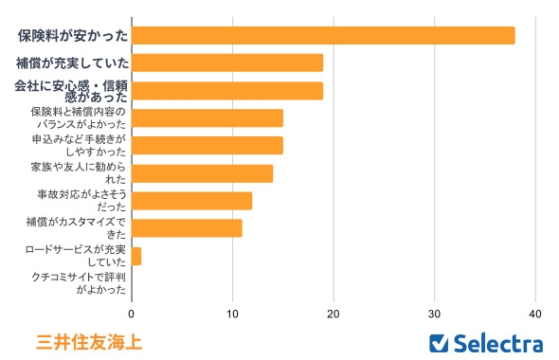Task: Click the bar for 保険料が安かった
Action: [323, 35]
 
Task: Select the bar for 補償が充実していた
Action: [227, 63]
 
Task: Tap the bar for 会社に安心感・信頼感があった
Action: [227, 90]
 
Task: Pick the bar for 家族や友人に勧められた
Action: [202, 173]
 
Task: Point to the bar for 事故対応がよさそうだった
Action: [191, 201]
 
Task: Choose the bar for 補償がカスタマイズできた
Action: [187, 228]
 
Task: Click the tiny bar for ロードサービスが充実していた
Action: [136, 256]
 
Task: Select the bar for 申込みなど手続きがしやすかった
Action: [207, 146]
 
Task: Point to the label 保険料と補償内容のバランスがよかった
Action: [78, 118]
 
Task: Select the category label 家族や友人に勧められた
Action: [78, 173]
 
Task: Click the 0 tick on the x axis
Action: [132, 312]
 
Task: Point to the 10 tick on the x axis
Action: [233, 312]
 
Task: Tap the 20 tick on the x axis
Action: [334, 312]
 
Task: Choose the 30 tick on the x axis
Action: [435, 312]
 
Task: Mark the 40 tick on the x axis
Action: [535, 312]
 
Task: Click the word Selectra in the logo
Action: [498, 342]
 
